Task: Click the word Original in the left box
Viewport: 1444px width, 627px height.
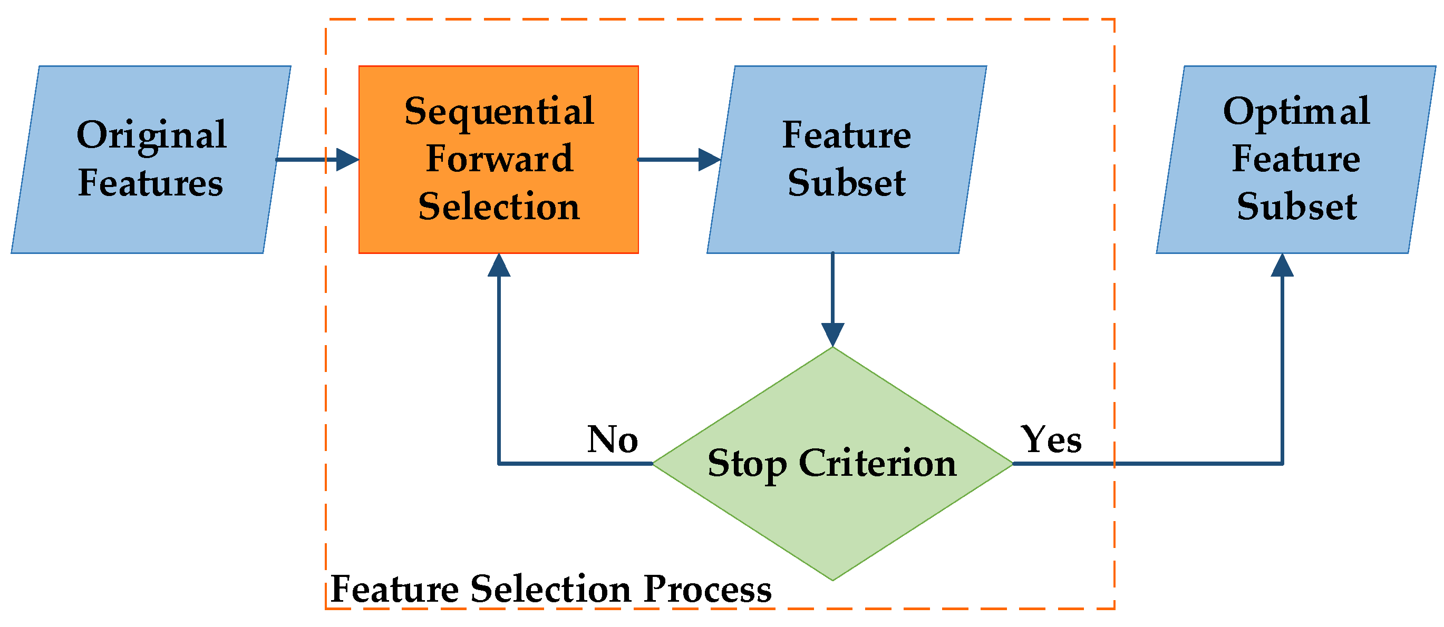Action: point(151,136)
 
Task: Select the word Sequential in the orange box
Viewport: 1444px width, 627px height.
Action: point(499,112)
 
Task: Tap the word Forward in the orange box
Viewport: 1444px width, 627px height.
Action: point(499,159)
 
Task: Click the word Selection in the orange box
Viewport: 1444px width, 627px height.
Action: point(499,206)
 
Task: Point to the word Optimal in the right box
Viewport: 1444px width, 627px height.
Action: point(1296,112)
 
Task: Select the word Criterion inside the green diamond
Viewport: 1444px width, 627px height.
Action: point(877,464)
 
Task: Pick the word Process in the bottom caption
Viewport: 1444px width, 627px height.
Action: point(708,590)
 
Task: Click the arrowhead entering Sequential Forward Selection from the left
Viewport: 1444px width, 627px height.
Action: point(347,160)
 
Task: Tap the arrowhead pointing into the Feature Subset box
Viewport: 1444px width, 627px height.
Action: point(710,160)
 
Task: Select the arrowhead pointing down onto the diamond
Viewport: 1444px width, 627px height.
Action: point(832,335)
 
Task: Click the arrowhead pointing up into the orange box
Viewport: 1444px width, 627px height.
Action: point(499,266)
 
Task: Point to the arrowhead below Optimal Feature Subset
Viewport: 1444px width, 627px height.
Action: point(1282,266)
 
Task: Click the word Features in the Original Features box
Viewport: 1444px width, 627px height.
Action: point(150,183)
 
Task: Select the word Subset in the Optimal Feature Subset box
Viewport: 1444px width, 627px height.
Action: point(1296,206)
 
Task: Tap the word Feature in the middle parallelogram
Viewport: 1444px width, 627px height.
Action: point(847,135)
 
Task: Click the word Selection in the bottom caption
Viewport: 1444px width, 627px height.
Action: point(550,590)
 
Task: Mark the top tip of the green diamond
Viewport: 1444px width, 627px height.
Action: point(832,348)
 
